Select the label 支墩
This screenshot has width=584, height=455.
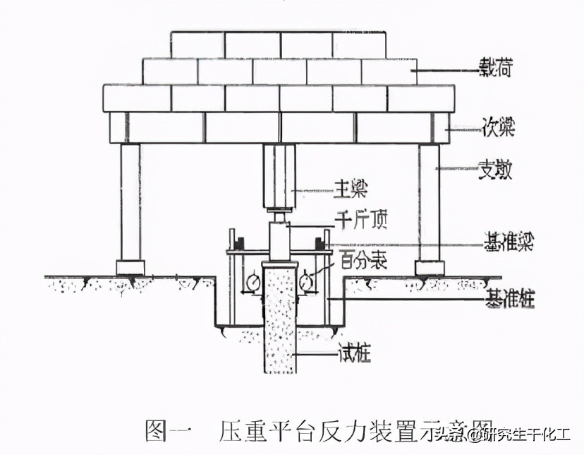497,170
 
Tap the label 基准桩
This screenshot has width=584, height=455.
507,299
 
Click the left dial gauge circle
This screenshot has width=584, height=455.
252,281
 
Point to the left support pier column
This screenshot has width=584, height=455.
130,202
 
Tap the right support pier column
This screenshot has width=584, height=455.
429,202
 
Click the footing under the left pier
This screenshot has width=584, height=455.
130,268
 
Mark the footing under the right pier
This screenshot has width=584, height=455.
430,268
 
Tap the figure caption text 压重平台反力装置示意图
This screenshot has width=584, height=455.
353,430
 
